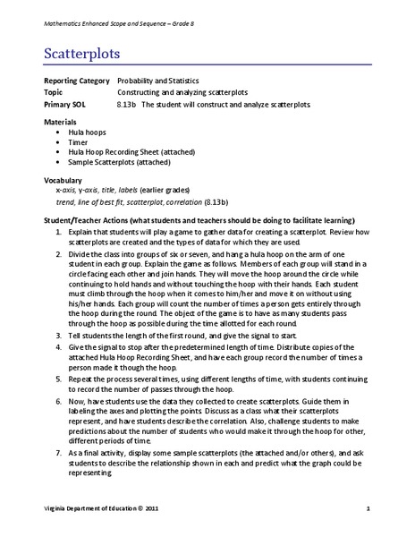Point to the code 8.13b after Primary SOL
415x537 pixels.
(128, 104)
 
